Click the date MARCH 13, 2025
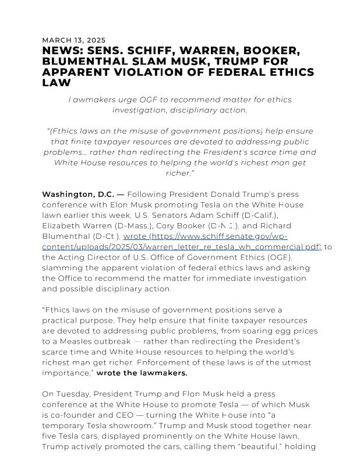(74, 40)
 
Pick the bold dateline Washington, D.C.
(78, 194)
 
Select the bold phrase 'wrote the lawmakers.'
(142, 373)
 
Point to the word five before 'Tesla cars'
(50, 436)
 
